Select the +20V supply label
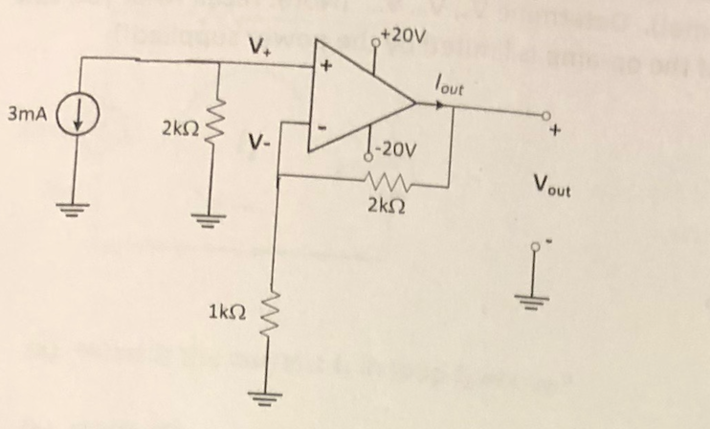[x=401, y=36]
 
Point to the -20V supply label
[x=395, y=149]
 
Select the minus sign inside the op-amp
[x=325, y=124]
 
